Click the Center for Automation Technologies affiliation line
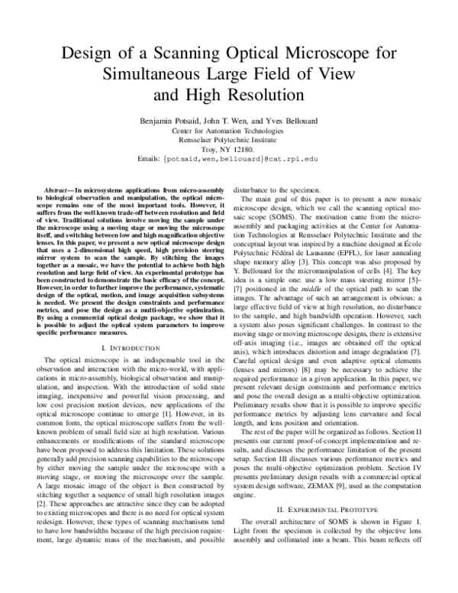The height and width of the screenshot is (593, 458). tap(229, 131)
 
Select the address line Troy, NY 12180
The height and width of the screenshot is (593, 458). tap(229, 149)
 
